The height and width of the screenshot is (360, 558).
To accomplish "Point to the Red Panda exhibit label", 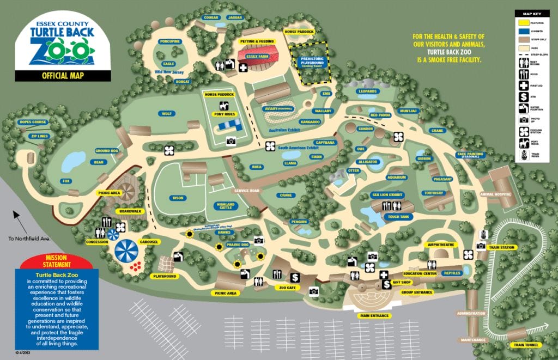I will [x=381, y=115].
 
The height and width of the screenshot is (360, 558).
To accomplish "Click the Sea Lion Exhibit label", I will [x=387, y=194].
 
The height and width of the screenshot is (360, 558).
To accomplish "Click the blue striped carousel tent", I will [x=126, y=251].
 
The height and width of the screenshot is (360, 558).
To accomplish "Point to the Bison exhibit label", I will [x=178, y=198].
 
